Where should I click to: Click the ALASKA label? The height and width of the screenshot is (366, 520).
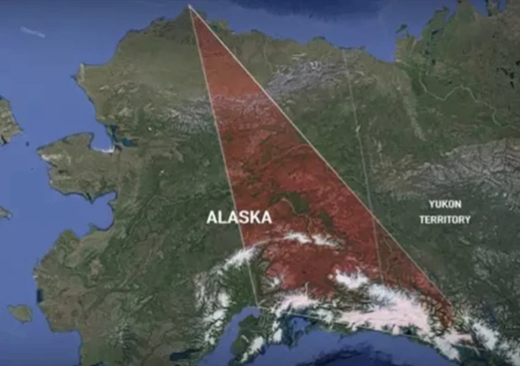coord(239,217)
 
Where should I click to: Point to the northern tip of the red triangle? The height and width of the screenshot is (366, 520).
coord(189,8)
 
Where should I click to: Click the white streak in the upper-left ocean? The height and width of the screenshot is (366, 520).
coord(33,32)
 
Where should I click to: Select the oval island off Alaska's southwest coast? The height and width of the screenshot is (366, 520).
coord(20,312)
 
